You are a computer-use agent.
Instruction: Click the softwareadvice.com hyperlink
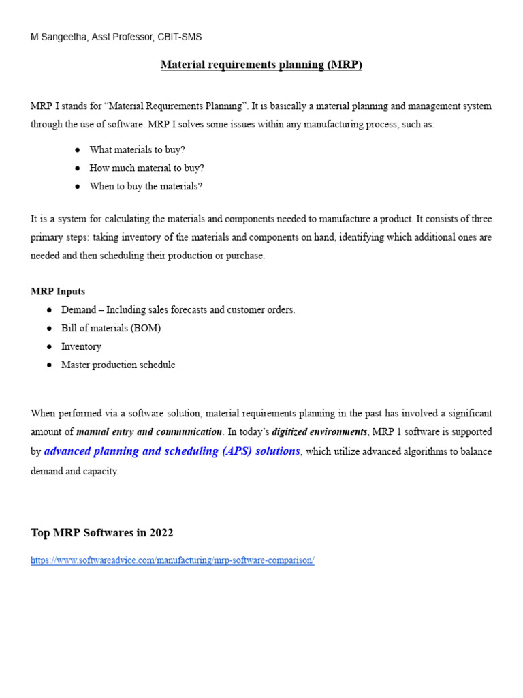pyautogui.click(x=172, y=560)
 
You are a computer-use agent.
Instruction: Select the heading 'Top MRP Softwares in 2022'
pyautogui.click(x=102, y=532)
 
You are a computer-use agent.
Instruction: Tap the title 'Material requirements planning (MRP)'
pyautogui.click(x=261, y=65)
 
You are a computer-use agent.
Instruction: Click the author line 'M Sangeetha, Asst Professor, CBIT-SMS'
pyautogui.click(x=116, y=37)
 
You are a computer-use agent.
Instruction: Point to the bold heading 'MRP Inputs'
pyautogui.click(x=58, y=291)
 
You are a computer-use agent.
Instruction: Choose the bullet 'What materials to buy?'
pyautogui.click(x=137, y=149)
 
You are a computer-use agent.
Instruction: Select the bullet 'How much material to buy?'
pyautogui.click(x=146, y=168)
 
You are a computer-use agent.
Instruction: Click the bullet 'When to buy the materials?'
pyautogui.click(x=146, y=186)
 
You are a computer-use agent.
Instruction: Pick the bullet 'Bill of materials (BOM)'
pyautogui.click(x=111, y=328)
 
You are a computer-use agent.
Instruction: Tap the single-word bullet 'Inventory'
pyautogui.click(x=81, y=346)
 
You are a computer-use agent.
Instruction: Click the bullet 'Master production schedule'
pyautogui.click(x=118, y=365)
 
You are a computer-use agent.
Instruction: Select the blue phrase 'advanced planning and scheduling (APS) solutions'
pyautogui.click(x=172, y=451)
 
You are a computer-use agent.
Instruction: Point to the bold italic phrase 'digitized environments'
pyautogui.click(x=320, y=431)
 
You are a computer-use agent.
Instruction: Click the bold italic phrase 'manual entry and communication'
pyautogui.click(x=149, y=431)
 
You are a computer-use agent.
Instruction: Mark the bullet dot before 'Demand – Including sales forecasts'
pyautogui.click(x=50, y=309)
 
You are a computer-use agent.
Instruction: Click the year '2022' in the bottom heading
pyautogui.click(x=161, y=532)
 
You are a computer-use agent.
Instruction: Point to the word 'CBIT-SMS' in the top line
pyautogui.click(x=180, y=37)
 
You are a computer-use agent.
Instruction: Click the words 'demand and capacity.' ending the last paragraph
pyautogui.click(x=75, y=471)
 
